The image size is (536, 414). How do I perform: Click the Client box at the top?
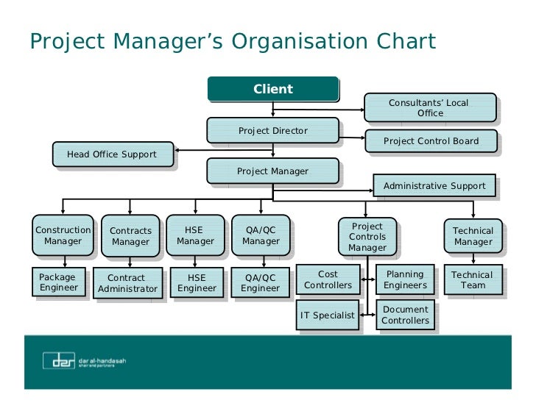click(272, 89)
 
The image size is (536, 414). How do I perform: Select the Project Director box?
click(272, 131)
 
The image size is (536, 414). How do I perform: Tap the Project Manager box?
click(272, 171)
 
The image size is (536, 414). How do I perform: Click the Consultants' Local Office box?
click(429, 108)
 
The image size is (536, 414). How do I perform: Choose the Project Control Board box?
click(431, 141)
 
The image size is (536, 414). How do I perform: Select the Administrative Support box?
click(434, 186)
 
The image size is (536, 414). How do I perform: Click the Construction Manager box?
click(63, 235)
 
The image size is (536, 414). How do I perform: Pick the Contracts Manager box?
click(130, 236)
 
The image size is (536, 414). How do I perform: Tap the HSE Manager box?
click(195, 235)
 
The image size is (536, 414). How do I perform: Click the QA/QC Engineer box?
click(260, 283)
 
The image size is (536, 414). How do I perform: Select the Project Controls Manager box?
click(367, 237)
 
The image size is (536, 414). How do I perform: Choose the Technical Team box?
click(473, 280)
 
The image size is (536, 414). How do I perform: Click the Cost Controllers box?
click(328, 280)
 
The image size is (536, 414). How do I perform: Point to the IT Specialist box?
click(328, 315)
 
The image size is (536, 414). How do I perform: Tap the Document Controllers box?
click(405, 315)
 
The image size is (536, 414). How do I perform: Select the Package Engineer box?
click(58, 283)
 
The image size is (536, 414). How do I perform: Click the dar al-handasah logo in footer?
click(83, 361)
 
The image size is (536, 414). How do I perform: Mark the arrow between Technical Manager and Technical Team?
click(473, 258)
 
